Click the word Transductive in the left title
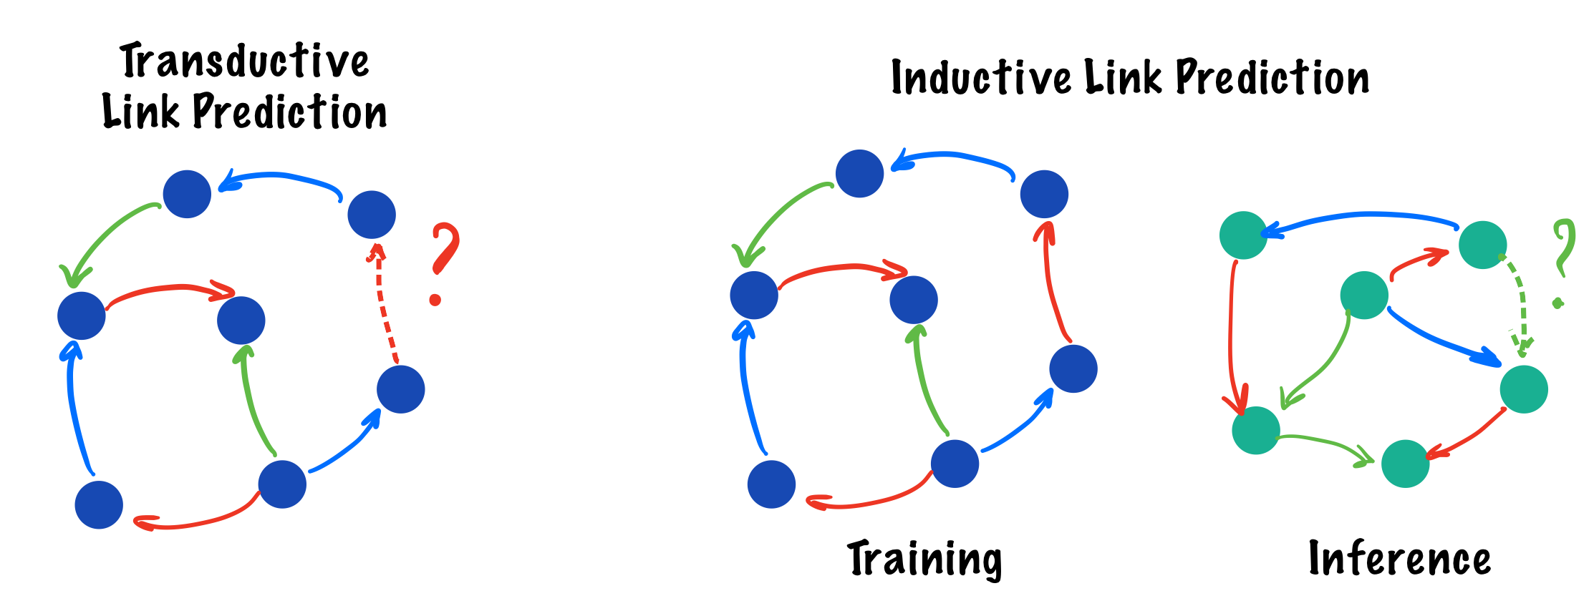[x=244, y=62]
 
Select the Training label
[x=924, y=560]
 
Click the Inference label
[x=1399, y=559]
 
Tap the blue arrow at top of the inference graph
[x=1361, y=216]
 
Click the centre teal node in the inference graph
[x=1363, y=295]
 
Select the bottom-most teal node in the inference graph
[x=1405, y=464]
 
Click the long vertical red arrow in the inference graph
[x=1232, y=336]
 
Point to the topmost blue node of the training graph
[x=859, y=173]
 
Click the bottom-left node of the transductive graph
[x=99, y=504]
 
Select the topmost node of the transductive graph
[x=187, y=194]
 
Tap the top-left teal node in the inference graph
[x=1243, y=235]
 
